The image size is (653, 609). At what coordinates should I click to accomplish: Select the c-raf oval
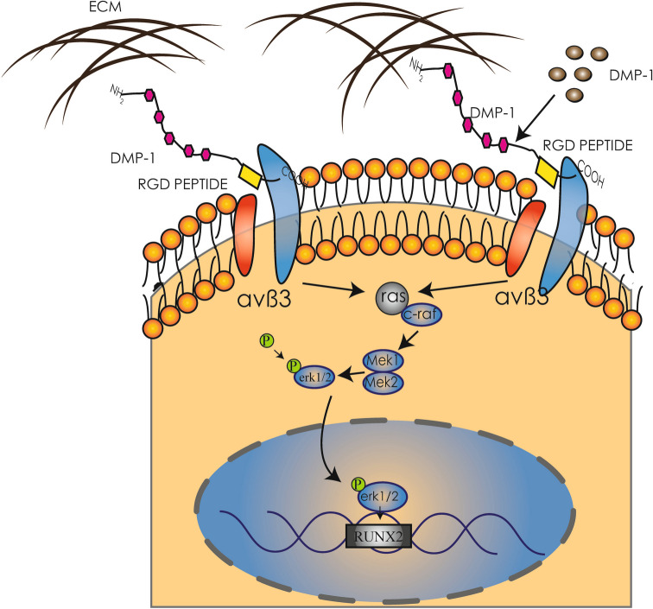coord(421,315)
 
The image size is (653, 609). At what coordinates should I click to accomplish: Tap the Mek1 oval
coord(384,361)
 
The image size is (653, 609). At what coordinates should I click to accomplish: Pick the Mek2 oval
coord(384,382)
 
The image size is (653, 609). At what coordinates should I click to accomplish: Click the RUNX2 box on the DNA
coord(378,536)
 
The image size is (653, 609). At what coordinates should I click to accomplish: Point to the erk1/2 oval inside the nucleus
coord(380,497)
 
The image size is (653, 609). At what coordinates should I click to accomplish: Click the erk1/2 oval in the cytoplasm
coord(314,377)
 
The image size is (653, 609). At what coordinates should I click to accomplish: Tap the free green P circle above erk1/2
coord(267,340)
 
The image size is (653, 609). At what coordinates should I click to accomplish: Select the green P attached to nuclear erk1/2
coord(358,485)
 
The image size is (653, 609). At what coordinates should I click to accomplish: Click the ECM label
coord(105,7)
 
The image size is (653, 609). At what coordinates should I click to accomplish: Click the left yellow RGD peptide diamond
coord(250,176)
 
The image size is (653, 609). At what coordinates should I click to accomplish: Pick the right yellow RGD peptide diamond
coord(548,171)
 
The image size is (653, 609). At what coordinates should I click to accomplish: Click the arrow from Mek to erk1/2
coord(349,374)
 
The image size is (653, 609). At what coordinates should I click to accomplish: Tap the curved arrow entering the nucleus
coord(326,438)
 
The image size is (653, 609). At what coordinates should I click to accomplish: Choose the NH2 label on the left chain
coord(117,93)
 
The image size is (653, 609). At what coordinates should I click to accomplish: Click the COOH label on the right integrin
coord(590,174)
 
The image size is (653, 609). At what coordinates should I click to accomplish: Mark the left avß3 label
coord(264,300)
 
